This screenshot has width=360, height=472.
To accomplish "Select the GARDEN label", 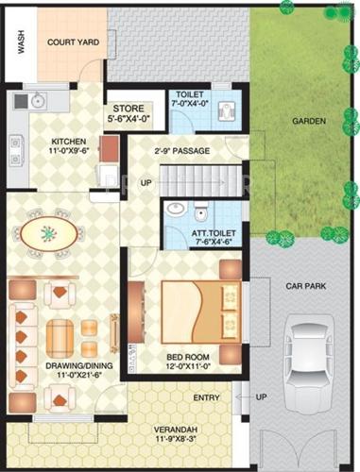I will click(x=309, y=121).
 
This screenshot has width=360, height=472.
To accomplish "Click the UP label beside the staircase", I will click(x=146, y=181).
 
